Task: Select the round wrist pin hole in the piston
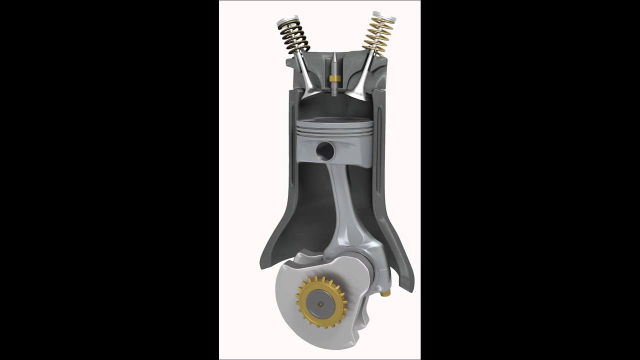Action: click(325, 149)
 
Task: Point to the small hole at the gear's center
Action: click(320, 302)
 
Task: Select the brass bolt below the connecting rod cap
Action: click(385, 293)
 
